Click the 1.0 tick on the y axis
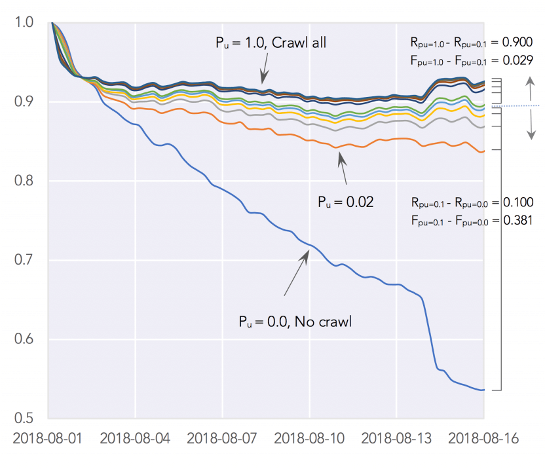(x=23, y=23)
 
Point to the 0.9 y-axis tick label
(x=23, y=102)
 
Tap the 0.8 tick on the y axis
(x=23, y=181)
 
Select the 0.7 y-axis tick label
(x=23, y=261)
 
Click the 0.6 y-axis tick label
(x=23, y=340)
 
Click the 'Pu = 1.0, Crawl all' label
(x=271, y=43)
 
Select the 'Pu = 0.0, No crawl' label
(x=296, y=322)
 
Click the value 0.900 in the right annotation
(x=517, y=43)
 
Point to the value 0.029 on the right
(x=517, y=61)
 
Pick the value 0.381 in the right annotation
(x=517, y=221)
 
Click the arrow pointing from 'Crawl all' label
(x=264, y=67)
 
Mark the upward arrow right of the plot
(x=530, y=88)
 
